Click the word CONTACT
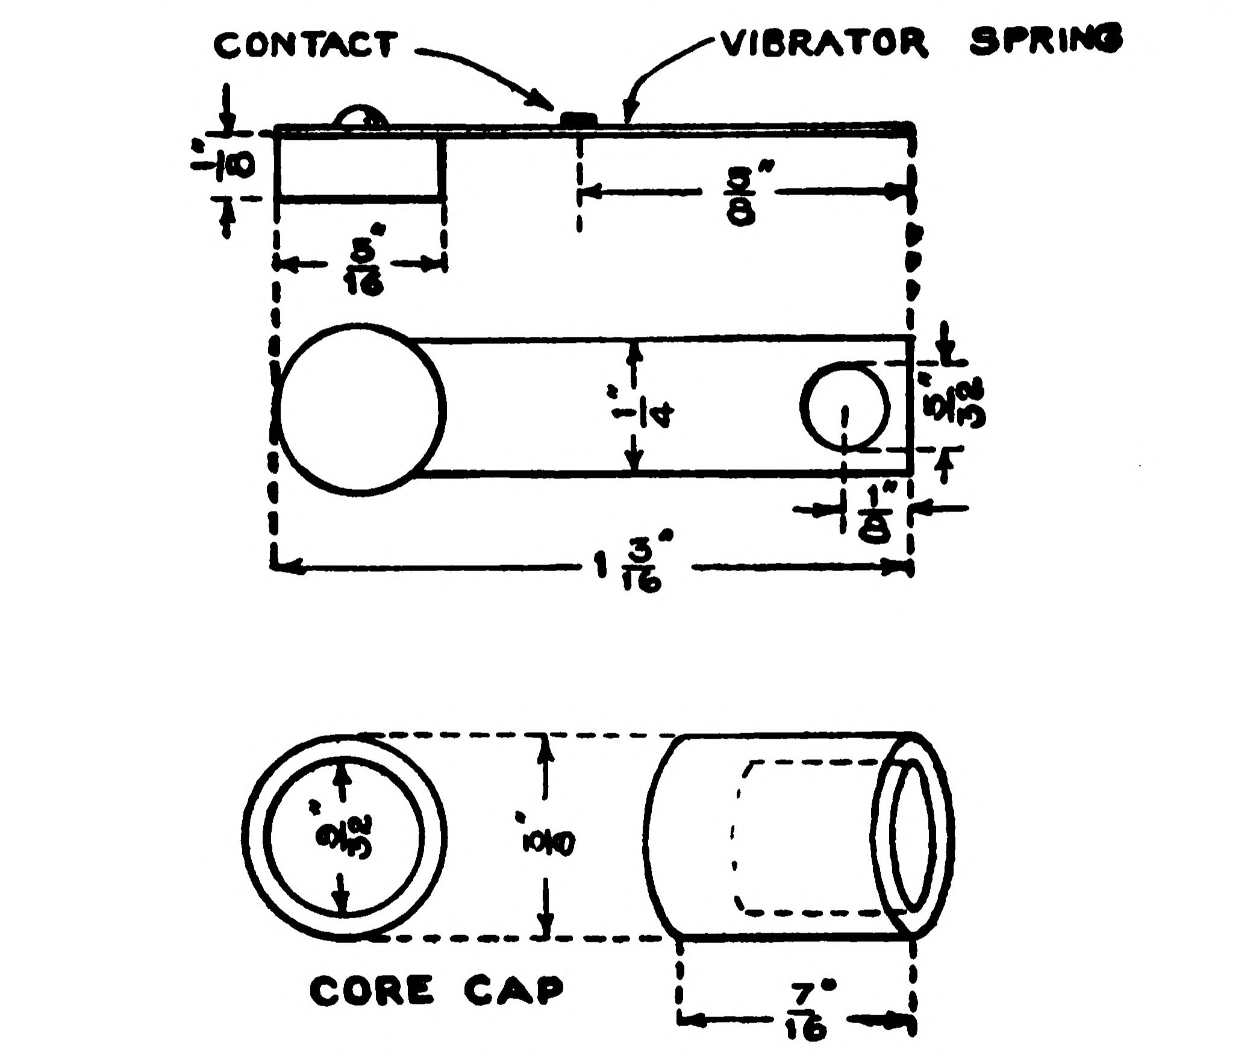(x=305, y=45)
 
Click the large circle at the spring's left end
(x=360, y=409)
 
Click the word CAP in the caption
(x=513, y=989)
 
